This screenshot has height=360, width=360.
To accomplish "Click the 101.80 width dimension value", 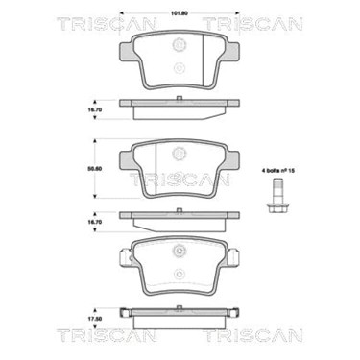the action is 180,13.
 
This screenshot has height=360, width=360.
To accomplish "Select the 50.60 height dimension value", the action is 95,169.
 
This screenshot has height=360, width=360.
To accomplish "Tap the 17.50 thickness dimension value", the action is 95,319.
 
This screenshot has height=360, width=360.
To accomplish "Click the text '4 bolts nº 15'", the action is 278,171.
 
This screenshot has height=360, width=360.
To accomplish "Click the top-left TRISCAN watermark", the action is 107,25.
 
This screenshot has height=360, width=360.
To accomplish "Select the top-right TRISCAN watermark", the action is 252,25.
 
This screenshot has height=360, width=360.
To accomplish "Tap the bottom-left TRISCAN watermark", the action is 107,335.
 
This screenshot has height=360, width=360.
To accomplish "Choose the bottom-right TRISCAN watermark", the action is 252,335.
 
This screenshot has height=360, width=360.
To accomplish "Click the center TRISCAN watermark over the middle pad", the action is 180,180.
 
